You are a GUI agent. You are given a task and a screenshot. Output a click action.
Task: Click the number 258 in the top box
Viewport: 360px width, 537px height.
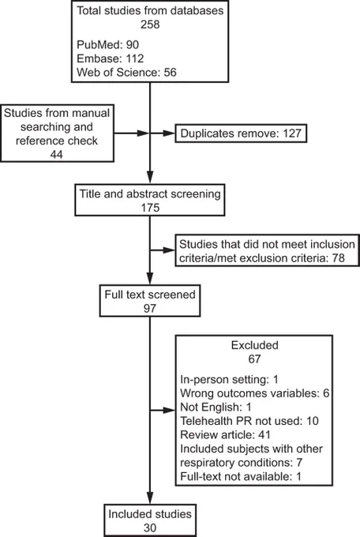point(150,24)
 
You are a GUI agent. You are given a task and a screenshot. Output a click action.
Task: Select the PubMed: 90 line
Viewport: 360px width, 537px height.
point(107,44)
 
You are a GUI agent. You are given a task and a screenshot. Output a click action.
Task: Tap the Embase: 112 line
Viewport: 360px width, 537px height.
point(110,58)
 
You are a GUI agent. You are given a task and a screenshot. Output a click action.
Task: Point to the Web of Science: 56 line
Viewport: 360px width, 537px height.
point(126,73)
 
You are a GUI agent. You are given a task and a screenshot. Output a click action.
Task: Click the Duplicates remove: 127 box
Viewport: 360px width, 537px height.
point(241,133)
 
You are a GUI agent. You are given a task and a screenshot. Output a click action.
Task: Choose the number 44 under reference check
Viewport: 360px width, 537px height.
point(57,155)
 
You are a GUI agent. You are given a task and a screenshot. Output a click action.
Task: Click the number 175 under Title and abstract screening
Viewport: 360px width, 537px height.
point(150,208)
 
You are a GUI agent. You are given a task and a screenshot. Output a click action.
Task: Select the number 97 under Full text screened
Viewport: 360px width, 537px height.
point(150,308)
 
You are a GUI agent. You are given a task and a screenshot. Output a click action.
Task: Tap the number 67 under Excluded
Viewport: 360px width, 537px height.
point(254,359)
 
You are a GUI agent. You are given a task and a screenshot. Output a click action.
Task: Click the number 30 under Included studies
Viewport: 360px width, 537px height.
point(150,528)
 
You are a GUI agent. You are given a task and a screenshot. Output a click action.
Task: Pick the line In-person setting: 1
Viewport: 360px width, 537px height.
point(229,380)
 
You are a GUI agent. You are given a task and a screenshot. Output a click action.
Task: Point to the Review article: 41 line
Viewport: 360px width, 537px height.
point(225,434)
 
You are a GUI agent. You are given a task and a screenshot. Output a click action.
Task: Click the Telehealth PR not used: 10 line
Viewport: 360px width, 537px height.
point(249,421)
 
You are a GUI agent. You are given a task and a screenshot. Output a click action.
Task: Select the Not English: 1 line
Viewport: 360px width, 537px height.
point(216,407)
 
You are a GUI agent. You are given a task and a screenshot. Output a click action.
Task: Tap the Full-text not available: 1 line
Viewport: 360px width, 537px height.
point(241,476)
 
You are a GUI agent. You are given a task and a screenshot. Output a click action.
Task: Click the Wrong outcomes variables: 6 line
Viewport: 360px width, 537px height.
point(255,393)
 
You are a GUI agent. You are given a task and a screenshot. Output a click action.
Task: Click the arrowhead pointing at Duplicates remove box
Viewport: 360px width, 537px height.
point(169,133)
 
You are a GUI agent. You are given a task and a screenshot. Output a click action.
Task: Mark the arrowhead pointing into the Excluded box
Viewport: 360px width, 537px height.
point(170,410)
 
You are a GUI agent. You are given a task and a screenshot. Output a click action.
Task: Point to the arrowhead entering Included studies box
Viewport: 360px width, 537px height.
point(150,498)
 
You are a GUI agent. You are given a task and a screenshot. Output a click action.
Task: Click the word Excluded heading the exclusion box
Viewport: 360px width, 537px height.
point(254,345)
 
